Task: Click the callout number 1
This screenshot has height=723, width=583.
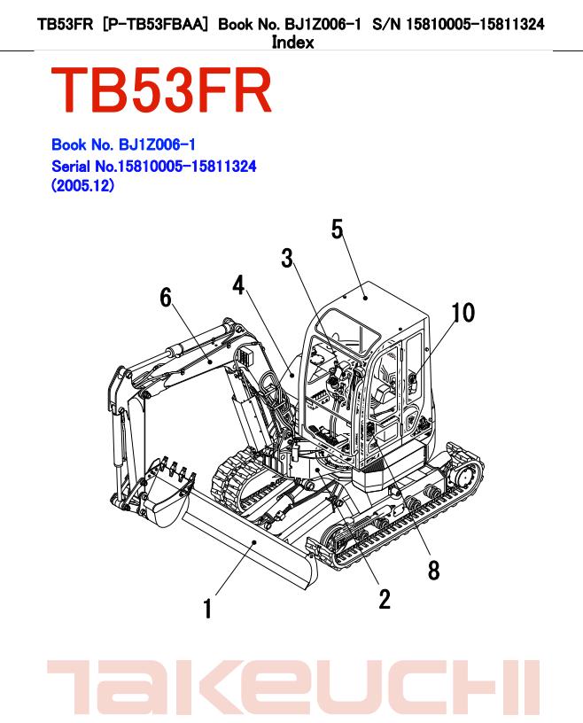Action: coord(207,610)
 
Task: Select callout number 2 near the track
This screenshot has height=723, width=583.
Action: coord(384,599)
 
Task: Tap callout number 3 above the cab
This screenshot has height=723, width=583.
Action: coord(287,258)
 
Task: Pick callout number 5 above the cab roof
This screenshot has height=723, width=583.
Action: coord(338,229)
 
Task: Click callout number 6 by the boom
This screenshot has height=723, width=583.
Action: coord(166,298)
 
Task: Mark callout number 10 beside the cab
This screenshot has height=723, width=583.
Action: coord(463,313)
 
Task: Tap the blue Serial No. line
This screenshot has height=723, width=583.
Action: coord(153,166)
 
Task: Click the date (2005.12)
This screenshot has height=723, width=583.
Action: coord(83,186)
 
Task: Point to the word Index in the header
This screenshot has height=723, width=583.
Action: coord(292,42)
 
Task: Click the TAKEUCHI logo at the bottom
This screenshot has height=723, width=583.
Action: coord(292,688)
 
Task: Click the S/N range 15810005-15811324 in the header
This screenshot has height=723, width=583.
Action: coord(474,24)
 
